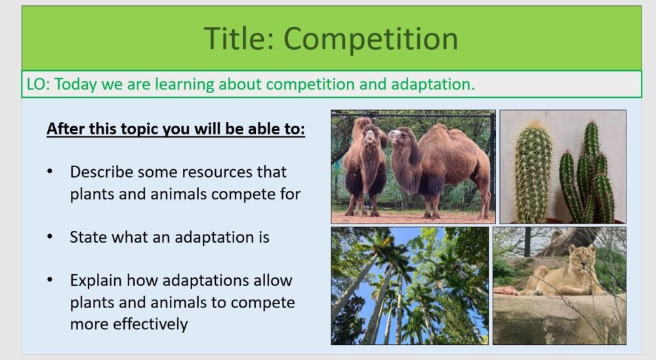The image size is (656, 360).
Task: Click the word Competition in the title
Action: (371, 39)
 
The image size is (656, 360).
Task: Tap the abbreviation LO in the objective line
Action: (36, 85)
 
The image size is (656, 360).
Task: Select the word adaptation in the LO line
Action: (432, 85)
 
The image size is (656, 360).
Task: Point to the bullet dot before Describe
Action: (51, 172)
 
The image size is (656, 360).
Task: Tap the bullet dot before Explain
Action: (51, 281)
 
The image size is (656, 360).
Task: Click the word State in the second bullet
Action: (88, 237)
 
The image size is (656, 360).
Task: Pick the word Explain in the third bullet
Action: (96, 281)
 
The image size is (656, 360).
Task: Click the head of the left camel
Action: (372, 135)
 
